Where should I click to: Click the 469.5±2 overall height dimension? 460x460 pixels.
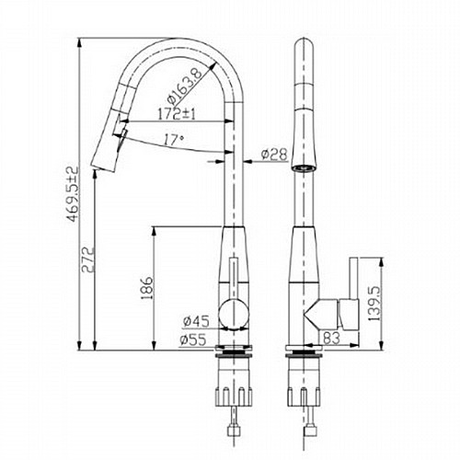74,194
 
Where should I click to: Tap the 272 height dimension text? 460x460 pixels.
88,259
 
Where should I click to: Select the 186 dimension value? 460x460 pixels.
147,289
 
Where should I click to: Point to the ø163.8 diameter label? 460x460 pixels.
185,86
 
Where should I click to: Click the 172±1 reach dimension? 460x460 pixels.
177,114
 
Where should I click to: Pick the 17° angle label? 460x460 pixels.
174,140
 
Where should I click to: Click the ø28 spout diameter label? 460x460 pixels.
274,155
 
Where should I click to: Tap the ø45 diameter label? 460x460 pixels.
196,321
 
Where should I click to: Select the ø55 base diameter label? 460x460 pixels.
193,339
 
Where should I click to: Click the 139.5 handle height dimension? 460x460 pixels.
374,304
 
